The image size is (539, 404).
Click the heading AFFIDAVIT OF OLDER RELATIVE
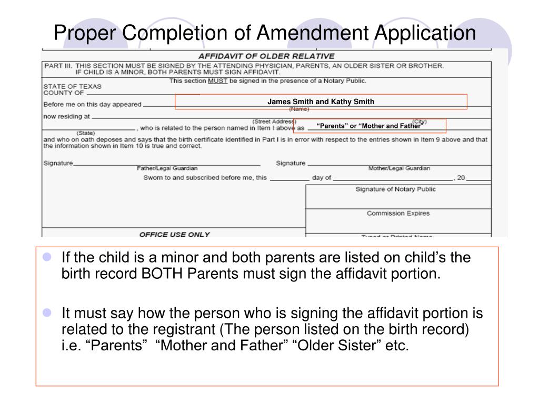pyautogui.click(x=266, y=56)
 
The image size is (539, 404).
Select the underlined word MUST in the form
pyautogui.click(x=217, y=81)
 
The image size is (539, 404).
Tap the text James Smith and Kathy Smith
pyautogui.click(x=321, y=102)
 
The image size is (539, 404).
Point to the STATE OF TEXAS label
pyautogui.click(x=73, y=86)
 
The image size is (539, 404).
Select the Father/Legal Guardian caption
pyautogui.click(x=167, y=168)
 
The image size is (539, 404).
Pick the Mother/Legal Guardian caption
pyautogui.click(x=399, y=168)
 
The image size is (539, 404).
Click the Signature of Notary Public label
pyautogui.click(x=396, y=189)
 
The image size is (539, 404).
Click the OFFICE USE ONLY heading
pyautogui.click(x=174, y=235)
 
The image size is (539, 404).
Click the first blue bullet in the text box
pyautogui.click(x=47, y=258)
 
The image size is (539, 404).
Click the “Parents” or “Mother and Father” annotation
pyautogui.click(x=368, y=126)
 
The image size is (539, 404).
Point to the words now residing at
pyautogui.click(x=66, y=116)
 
